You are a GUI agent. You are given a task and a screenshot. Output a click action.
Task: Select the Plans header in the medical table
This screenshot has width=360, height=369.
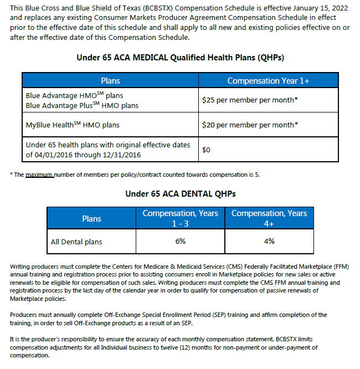[110, 81]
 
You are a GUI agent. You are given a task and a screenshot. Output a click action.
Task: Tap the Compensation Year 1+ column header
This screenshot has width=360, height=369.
[268, 81]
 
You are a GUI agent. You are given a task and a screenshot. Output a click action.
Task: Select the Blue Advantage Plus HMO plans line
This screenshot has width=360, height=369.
[82, 105]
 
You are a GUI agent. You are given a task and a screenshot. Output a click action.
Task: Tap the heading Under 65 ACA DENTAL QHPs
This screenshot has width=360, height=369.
[180, 193]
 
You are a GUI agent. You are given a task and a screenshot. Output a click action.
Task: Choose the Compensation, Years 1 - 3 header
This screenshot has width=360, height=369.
[181, 218]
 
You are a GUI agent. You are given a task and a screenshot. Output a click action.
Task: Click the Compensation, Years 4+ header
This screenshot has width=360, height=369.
[269, 218]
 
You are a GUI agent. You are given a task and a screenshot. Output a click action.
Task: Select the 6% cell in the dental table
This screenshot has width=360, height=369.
[181, 242]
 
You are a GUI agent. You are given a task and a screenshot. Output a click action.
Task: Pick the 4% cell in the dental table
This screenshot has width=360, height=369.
[269, 242]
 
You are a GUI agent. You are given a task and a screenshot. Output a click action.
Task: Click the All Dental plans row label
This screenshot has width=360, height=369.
[76, 242]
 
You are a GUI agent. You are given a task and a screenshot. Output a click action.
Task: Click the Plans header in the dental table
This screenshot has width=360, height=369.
[91, 218]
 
